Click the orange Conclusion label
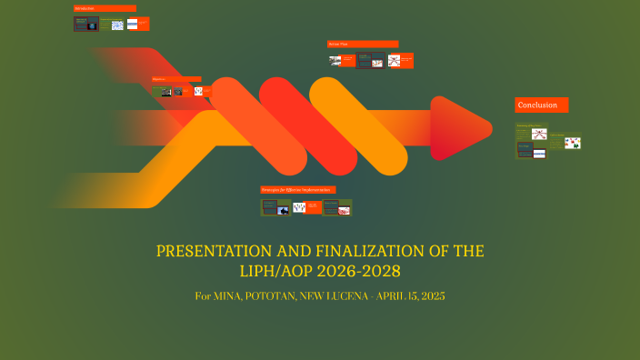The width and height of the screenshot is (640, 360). pyautogui.click(x=542, y=105)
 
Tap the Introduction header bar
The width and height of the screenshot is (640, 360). pyautogui.click(x=105, y=8)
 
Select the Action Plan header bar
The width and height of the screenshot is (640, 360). pyautogui.click(x=363, y=44)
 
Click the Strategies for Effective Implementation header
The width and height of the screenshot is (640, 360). pyautogui.click(x=297, y=189)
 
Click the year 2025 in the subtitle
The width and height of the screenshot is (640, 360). pyautogui.click(x=433, y=297)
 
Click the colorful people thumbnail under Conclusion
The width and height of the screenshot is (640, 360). pyautogui.click(x=573, y=143)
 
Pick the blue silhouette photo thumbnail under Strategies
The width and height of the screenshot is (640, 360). pyautogui.click(x=298, y=208)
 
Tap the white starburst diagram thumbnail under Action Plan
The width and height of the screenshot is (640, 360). pyautogui.click(x=394, y=61)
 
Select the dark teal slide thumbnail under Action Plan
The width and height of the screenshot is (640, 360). pyautogui.click(x=365, y=61)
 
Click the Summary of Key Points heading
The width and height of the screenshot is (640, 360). pyautogui.click(x=529, y=125)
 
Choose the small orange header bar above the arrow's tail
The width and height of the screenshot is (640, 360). pyautogui.click(x=176, y=79)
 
